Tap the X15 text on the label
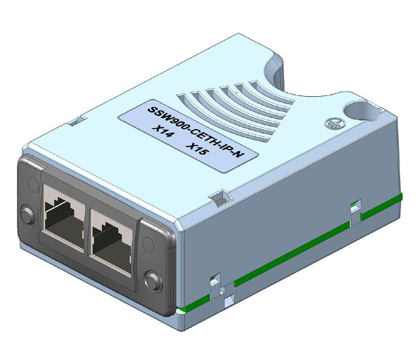tap(197, 148)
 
